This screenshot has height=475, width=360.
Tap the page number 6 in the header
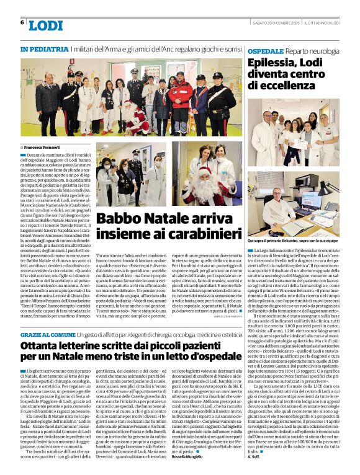pyautogui.click(x=22, y=23)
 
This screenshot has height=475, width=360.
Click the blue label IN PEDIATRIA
pyautogui.click(x=43, y=48)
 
